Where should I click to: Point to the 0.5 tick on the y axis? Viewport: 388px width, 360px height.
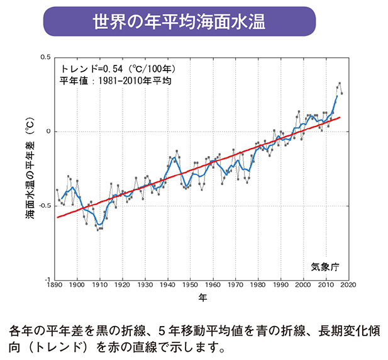45,58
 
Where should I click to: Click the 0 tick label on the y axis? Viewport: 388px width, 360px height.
48,132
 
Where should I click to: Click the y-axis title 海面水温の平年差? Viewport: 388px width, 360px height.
30,170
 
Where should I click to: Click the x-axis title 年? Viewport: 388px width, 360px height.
202,296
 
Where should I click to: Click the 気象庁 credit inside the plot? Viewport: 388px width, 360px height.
324,266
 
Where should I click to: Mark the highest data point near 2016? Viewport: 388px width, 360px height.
340,83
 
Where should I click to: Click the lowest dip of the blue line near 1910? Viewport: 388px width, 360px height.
99,223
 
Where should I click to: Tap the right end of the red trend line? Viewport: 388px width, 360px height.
340,117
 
